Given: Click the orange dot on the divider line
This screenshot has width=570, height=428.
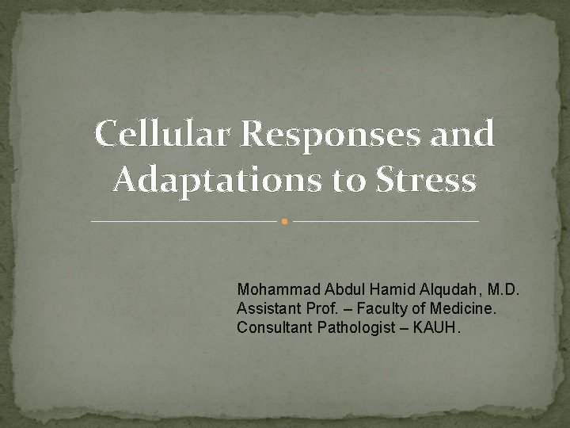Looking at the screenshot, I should point(285,221).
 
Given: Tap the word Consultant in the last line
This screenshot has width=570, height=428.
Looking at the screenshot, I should point(271,327).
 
